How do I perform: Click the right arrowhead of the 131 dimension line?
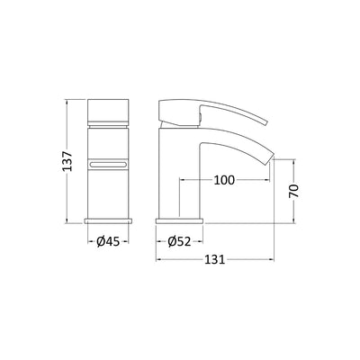[273, 260]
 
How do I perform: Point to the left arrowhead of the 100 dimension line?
[185, 180]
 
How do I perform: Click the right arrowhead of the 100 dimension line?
[266, 180]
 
